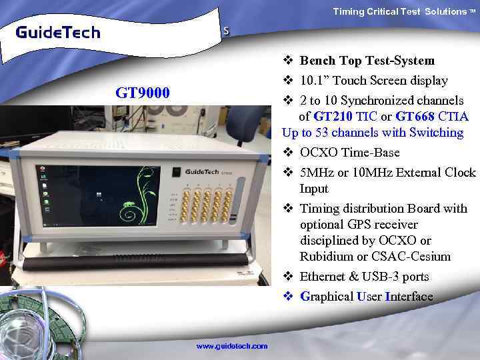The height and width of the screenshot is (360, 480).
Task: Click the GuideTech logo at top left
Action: click(x=58, y=32)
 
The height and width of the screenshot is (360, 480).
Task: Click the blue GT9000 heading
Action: click(x=143, y=92)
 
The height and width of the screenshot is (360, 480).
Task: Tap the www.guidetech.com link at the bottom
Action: click(x=231, y=346)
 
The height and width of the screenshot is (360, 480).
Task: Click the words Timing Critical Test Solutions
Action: click(x=399, y=11)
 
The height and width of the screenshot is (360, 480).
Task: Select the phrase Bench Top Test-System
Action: click(x=367, y=61)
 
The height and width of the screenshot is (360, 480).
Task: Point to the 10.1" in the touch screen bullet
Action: click(x=314, y=81)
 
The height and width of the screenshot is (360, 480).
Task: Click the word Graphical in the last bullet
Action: click(x=328, y=297)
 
